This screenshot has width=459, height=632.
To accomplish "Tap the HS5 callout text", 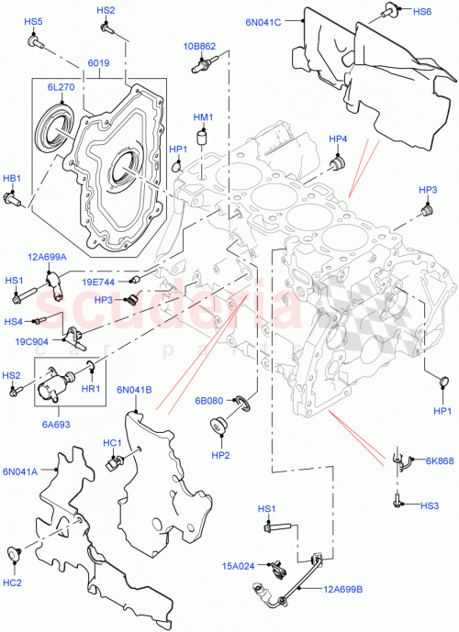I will (x=33, y=21).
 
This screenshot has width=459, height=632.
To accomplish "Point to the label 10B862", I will (x=198, y=45).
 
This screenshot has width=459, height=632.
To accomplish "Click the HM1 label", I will (x=203, y=117).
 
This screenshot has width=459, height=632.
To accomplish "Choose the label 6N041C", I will (x=263, y=20).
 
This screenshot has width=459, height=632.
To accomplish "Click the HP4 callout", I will (x=339, y=139).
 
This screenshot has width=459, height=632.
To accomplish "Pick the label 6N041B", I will (x=134, y=390).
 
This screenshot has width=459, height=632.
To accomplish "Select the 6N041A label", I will (x=20, y=471).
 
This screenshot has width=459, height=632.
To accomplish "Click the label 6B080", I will (x=208, y=401).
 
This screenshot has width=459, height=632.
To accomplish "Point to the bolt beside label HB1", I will (x=14, y=196).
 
